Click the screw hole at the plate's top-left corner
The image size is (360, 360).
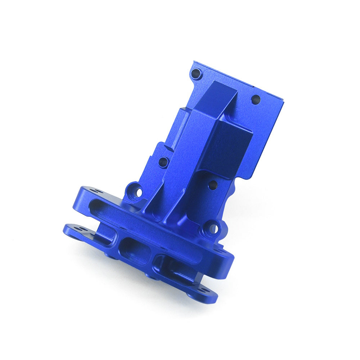[x=196, y=74]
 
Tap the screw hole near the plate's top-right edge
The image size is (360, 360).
[x=256, y=99]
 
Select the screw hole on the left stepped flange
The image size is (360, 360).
[x=163, y=162]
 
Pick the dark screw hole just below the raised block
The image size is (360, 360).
[x=213, y=185]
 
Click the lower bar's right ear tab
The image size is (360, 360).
[x=205, y=292]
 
